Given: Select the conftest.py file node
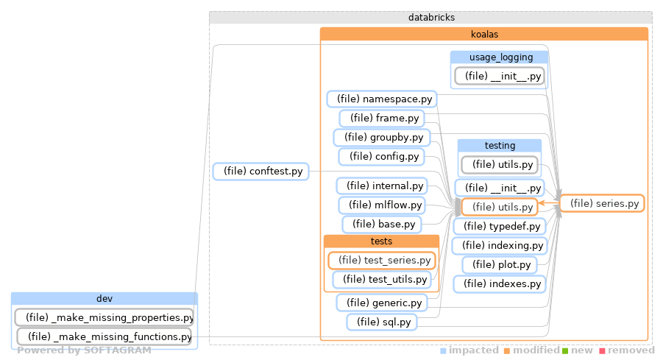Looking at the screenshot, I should (260, 172).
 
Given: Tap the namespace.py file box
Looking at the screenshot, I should (381, 99).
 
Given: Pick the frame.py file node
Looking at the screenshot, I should (380, 118).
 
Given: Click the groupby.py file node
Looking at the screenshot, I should (381, 137).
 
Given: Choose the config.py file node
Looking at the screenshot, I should (380, 156).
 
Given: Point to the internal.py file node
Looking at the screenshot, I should (381, 186).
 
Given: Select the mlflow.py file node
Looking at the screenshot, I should (381, 205).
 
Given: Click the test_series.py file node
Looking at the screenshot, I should (381, 260).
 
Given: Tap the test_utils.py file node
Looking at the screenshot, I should (381, 279).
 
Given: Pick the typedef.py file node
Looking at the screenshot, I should (500, 226).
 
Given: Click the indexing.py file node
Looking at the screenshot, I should (500, 245).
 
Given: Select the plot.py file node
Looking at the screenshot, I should (500, 264).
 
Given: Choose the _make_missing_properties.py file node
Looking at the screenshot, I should (104, 317).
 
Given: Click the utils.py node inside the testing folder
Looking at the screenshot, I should (499, 164).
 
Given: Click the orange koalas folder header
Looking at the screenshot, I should (483, 33).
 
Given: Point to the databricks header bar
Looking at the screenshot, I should (430, 17).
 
